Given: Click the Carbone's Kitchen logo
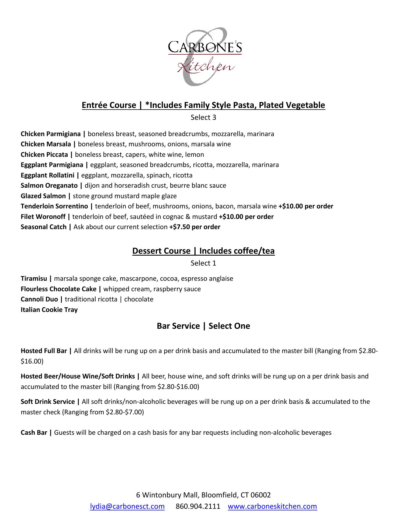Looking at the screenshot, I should (205, 57).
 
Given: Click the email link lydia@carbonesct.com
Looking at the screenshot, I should (127, 506).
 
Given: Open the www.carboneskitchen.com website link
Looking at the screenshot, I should (272, 506).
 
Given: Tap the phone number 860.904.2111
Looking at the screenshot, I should (198, 506).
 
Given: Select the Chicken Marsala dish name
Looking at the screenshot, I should (46, 144).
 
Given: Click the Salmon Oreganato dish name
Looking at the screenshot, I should (49, 185).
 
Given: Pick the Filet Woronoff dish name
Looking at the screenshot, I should (43, 217).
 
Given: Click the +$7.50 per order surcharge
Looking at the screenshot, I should (195, 227).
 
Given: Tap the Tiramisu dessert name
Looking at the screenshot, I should (34, 279).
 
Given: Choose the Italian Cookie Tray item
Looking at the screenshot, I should (49, 310).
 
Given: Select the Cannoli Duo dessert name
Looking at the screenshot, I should (39, 299).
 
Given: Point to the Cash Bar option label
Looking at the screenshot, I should (34, 433).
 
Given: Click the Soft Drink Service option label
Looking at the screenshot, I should (48, 402).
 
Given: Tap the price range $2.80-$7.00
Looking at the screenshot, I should (125, 412).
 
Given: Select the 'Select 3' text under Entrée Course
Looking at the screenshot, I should (203, 117).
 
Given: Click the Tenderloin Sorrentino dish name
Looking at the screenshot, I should (54, 206).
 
